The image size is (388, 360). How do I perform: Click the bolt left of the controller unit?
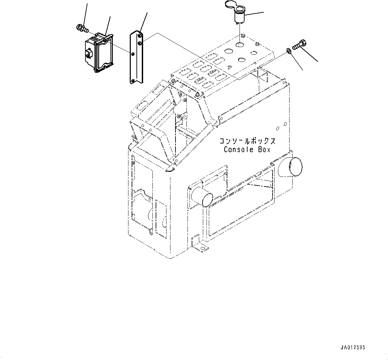[x=82, y=29]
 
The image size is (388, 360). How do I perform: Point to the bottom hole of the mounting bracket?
[x=132, y=80]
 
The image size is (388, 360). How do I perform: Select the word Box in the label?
[x=264, y=149]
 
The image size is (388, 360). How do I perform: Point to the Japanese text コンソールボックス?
[x=247, y=141]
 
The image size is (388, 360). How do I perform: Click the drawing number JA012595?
[x=353, y=347]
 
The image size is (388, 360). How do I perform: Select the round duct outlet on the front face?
[x=202, y=197]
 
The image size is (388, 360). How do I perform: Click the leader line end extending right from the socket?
[x=263, y=13]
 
